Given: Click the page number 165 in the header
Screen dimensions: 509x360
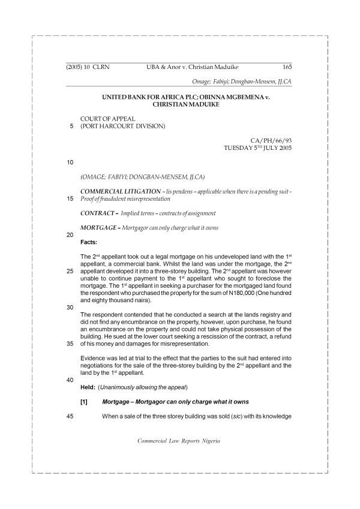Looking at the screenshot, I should (287, 68).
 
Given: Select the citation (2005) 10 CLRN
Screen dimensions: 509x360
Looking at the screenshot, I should (91, 68).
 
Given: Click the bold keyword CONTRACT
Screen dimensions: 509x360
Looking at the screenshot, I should (98, 213).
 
